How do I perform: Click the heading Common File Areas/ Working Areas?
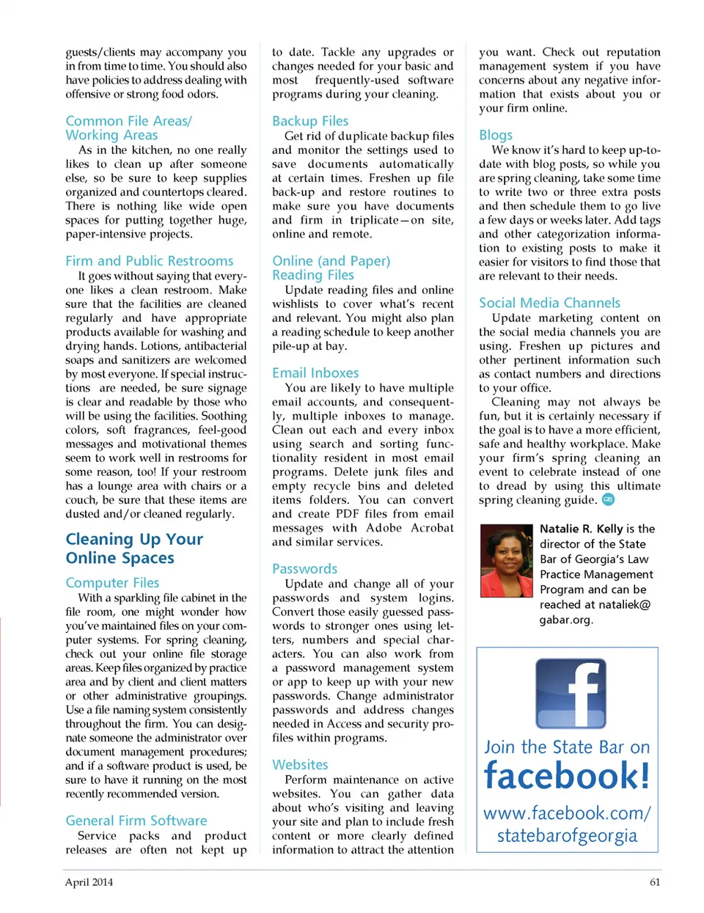click(x=128, y=128)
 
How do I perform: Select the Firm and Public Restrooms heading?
click(x=149, y=261)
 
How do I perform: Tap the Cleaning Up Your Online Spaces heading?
click(x=134, y=549)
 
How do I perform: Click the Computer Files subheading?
click(x=112, y=583)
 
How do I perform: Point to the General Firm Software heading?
click(x=136, y=821)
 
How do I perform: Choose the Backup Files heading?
click(x=310, y=121)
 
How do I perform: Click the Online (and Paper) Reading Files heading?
click(x=331, y=268)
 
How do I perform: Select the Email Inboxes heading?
click(x=315, y=373)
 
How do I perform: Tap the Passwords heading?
click(x=304, y=569)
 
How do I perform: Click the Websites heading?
click(x=300, y=765)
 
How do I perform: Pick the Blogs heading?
click(x=496, y=135)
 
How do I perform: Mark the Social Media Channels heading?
click(x=549, y=303)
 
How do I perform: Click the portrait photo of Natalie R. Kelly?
click(x=506, y=561)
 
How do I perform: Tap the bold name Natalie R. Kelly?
click(x=581, y=529)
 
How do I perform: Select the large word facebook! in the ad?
click(x=567, y=777)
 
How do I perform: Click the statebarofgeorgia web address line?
click(x=567, y=836)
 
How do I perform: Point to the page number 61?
click(x=655, y=882)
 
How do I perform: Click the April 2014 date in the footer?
click(x=89, y=882)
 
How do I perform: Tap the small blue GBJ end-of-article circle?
click(x=608, y=500)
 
